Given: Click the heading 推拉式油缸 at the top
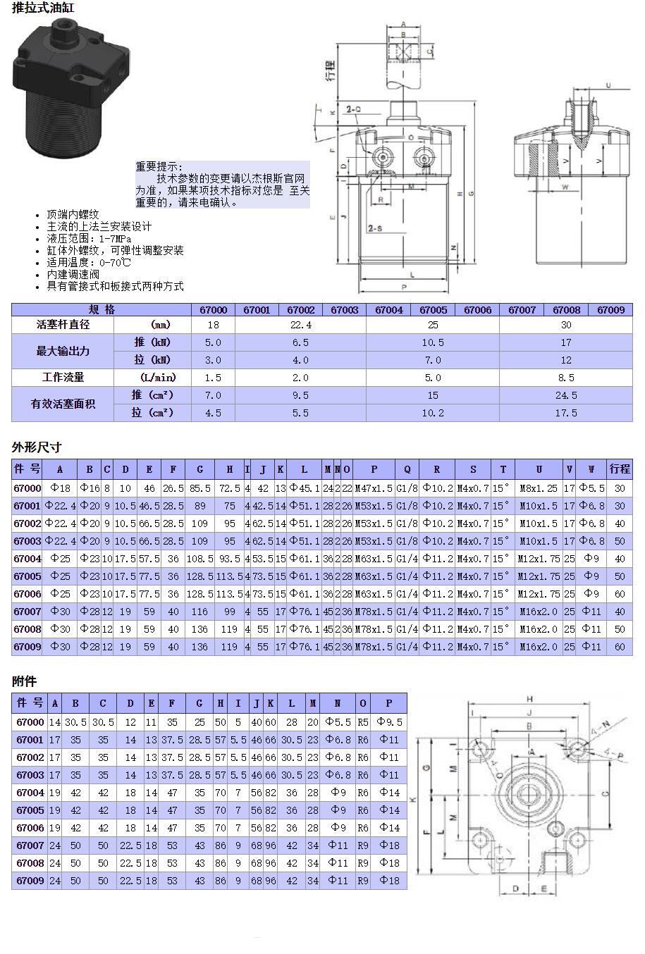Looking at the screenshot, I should (x=43, y=8).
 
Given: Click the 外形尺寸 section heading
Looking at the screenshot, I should (x=37, y=447).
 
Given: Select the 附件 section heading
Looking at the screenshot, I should (x=24, y=681).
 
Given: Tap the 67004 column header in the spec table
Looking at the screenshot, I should (x=388, y=309).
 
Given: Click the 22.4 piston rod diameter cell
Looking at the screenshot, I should (x=300, y=325).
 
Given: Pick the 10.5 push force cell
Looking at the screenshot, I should (x=432, y=342).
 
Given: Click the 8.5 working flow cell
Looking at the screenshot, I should (x=565, y=378).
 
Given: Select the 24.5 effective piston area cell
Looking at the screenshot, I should (x=565, y=395).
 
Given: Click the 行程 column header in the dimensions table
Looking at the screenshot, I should (x=620, y=469).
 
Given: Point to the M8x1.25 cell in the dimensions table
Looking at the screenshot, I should (x=539, y=488).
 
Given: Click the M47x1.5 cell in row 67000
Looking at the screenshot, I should (x=374, y=488).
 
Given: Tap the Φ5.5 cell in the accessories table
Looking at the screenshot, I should (x=338, y=722).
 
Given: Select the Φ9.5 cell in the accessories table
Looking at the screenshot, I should (x=389, y=722).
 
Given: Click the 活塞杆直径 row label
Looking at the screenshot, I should (x=63, y=325).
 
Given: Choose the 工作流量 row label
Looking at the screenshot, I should (x=63, y=378).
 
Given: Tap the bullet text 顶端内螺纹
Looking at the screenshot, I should (x=73, y=214).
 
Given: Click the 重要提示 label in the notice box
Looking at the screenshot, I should (x=159, y=166).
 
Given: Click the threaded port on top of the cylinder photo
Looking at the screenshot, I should (x=64, y=33).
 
